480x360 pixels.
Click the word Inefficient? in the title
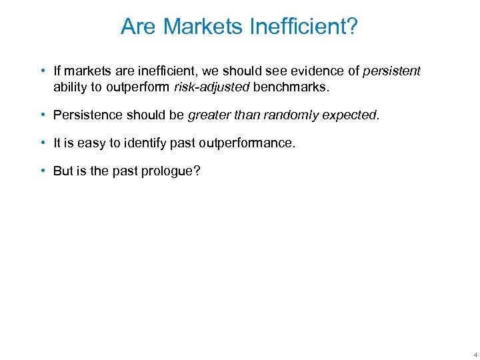click(x=306, y=27)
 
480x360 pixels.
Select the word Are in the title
click(x=139, y=27)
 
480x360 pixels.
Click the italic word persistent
click(x=391, y=71)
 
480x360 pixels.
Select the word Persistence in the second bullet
click(x=86, y=115)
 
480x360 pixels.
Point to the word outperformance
click(x=249, y=143)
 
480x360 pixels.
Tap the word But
click(x=63, y=171)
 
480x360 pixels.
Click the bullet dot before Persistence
click(x=43, y=115)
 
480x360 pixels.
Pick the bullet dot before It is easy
click(x=43, y=143)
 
